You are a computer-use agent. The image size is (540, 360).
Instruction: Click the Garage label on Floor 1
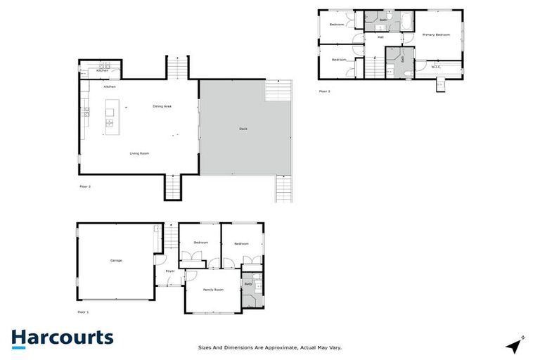(x=116, y=261)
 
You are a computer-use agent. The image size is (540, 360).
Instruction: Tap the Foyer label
(x=170, y=271)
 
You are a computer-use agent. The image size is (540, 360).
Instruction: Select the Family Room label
(x=214, y=290)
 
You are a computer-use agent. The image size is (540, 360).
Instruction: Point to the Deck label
(x=243, y=129)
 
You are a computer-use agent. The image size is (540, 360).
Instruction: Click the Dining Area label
(x=162, y=106)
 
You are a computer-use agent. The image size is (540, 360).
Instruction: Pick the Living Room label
(x=139, y=153)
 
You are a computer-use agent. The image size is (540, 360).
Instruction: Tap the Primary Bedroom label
(x=436, y=34)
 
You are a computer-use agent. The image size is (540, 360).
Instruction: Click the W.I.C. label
(x=436, y=67)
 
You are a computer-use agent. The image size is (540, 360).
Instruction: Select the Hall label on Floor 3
(x=380, y=37)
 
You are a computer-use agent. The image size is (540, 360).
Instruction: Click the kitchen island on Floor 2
(x=110, y=117)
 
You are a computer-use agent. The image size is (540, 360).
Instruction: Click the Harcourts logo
(x=62, y=338)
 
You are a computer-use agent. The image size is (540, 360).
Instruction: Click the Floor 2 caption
(x=85, y=187)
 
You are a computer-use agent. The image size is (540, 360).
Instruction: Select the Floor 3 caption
(x=324, y=91)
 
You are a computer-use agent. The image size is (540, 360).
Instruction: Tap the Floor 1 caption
(x=84, y=311)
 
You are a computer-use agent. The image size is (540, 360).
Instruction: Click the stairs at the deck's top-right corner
(x=278, y=91)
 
